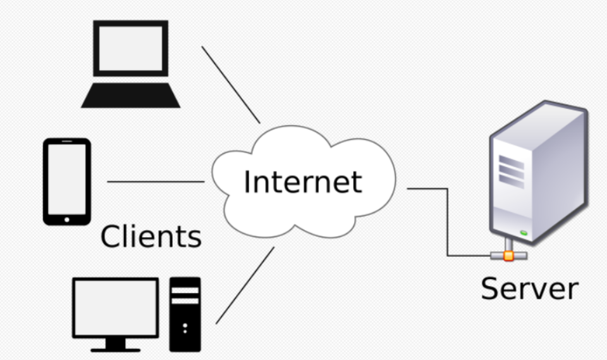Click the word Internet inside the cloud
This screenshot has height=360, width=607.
[303, 182]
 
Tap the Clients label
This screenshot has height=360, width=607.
[151, 237]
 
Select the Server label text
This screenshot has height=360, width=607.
[529, 288]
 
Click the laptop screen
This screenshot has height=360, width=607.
[131, 48]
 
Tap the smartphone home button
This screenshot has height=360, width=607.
[66, 218]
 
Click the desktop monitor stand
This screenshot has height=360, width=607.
[115, 343]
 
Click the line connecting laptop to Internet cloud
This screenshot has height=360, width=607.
[231, 84]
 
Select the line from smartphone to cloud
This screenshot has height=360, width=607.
[156, 182]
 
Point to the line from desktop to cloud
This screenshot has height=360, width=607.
[245, 285]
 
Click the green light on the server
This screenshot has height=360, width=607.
[524, 233]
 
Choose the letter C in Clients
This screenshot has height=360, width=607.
[111, 237]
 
